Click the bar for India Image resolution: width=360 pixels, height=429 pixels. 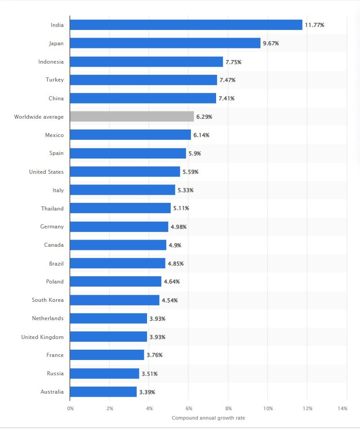tap(186, 25)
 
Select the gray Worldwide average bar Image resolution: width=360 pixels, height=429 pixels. tap(132, 116)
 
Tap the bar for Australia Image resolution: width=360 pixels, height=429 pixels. tap(103, 392)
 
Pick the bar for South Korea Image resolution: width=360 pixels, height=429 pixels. tap(114, 300)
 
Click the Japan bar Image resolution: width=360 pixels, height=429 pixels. tap(165, 43)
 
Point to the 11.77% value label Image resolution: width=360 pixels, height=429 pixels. tap(314, 25)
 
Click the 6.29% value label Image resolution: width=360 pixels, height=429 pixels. tap(204, 117)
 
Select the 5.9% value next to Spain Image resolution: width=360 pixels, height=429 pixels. tap(195, 154)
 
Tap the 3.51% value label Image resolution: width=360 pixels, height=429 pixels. tap(149, 374)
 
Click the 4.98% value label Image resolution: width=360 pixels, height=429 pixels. tap(178, 227)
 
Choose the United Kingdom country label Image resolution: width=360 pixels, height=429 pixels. tap(43, 337)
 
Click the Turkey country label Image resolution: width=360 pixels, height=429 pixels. tap(55, 80)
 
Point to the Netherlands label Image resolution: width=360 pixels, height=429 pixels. tap(48, 318)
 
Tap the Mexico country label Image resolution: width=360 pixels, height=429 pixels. tap(54, 135)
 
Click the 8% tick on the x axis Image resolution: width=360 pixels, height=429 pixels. tap(228, 408)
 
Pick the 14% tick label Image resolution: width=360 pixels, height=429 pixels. tap(343, 408)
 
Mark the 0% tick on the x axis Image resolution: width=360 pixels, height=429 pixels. tap(70, 408)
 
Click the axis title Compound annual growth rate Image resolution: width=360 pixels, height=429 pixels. tap(208, 418)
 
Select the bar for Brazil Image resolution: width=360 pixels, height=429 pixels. tap(117, 263)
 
